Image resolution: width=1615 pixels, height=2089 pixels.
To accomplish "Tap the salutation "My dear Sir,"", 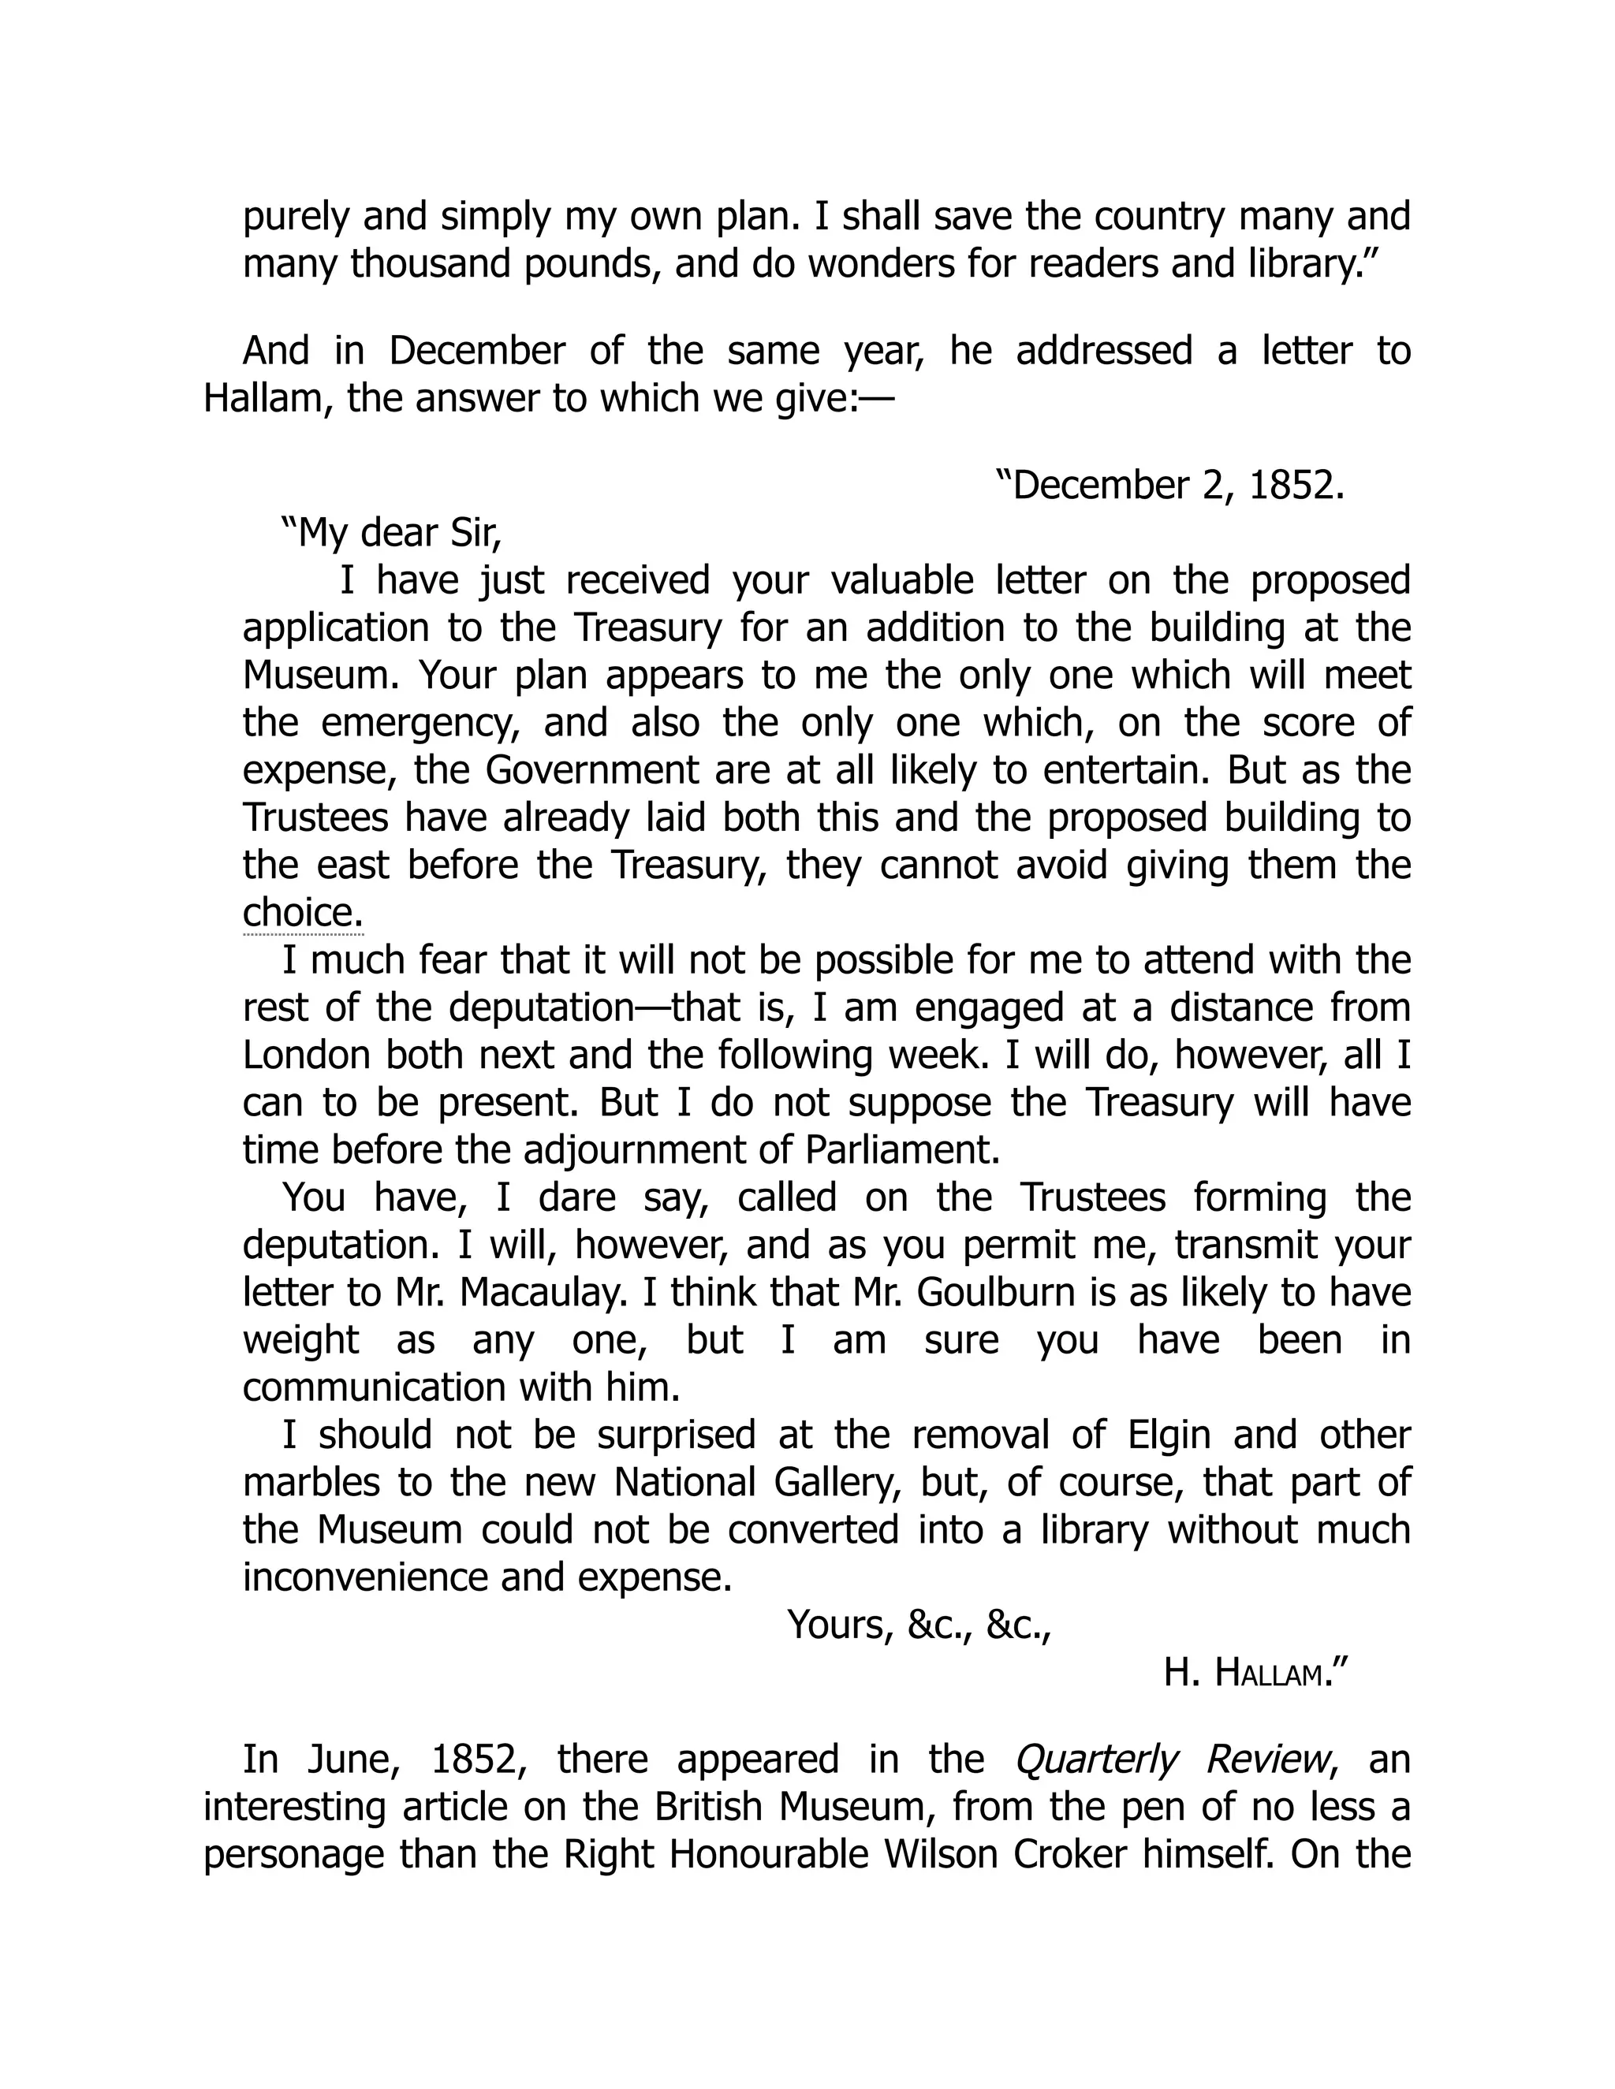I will pos(390,534).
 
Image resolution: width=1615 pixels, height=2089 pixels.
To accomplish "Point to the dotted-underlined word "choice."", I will pos(302,913).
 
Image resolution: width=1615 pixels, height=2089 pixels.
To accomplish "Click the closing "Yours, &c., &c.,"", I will pos(919,1625).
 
